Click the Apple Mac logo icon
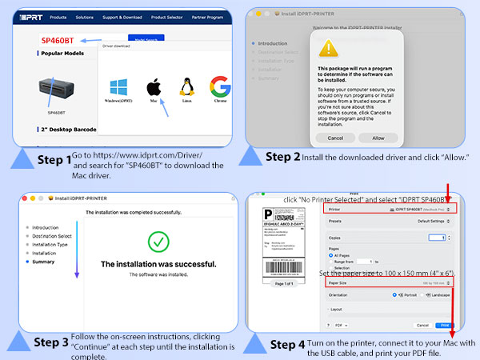152,87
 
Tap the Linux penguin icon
188,87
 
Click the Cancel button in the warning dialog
330,138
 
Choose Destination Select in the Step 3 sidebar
51,236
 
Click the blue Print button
445,326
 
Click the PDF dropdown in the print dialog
340,326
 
